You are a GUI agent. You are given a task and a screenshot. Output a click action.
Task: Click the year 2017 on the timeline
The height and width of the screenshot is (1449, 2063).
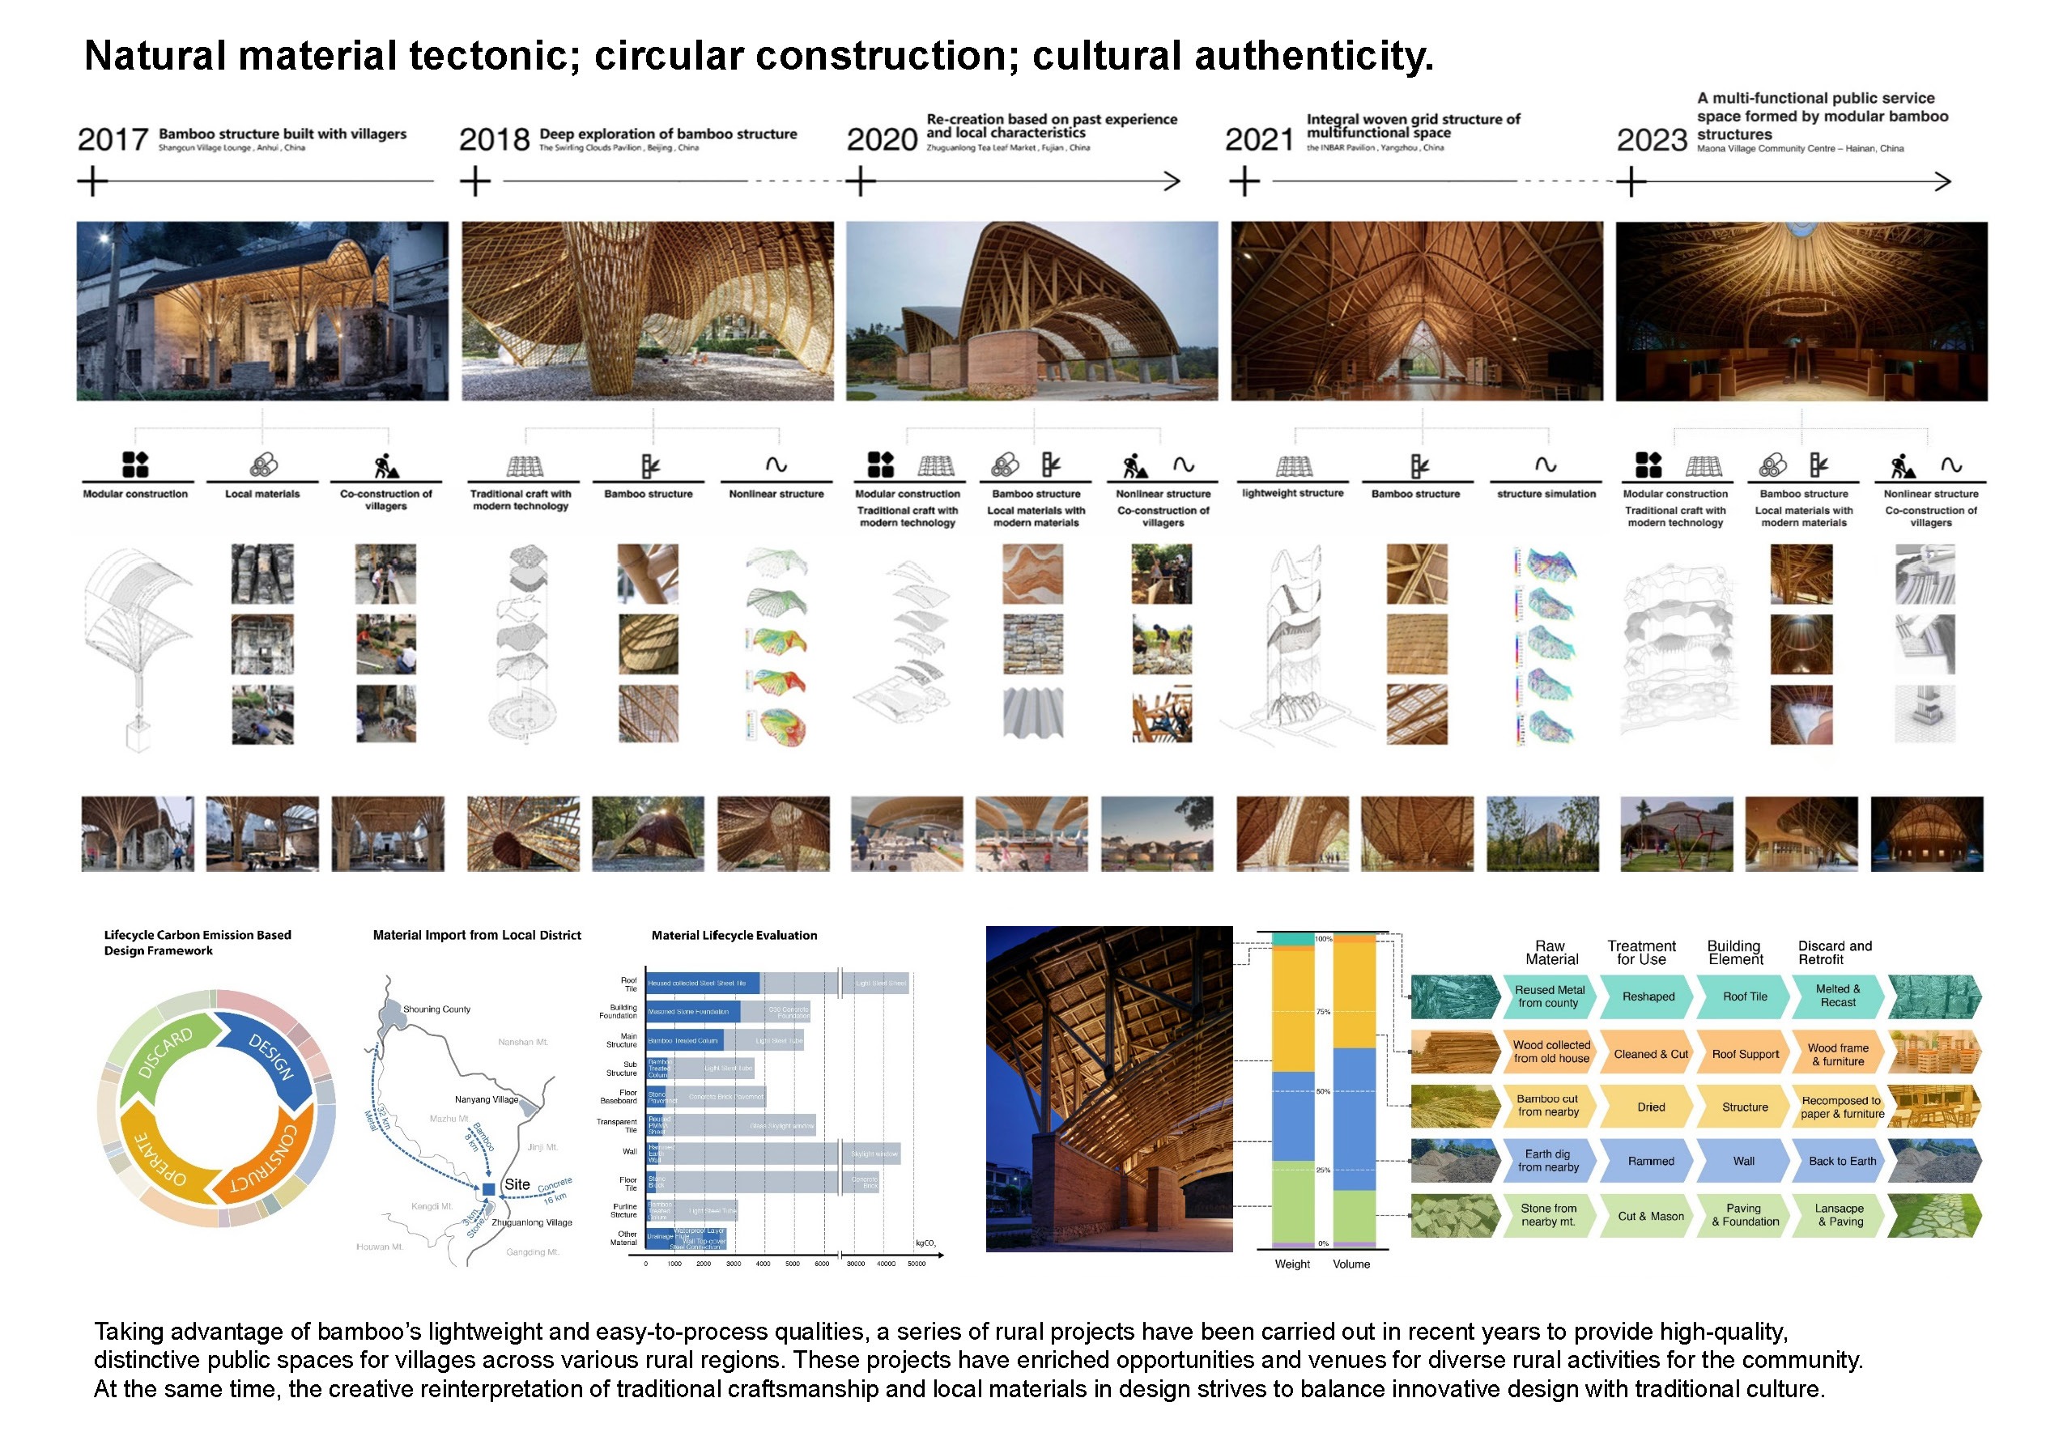113,139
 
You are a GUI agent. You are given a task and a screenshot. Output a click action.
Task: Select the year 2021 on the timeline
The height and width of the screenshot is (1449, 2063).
1259,139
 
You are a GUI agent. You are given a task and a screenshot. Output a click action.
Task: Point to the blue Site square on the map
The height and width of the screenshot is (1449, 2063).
489,1188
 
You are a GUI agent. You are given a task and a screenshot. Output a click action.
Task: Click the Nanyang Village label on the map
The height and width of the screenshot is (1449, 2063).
486,1098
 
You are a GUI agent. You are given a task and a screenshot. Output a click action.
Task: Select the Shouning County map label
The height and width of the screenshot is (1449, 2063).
436,1009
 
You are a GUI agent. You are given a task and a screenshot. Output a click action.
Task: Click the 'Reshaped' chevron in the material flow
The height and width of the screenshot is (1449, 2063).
1648,996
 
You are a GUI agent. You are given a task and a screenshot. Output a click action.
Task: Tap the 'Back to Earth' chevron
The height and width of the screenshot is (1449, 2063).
1842,1161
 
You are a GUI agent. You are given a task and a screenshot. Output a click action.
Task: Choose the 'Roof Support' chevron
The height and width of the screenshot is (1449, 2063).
1745,1054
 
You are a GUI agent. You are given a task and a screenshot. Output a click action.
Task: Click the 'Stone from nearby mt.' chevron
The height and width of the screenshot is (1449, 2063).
1548,1214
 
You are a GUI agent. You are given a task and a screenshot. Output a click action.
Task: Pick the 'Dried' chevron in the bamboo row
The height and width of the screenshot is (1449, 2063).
1651,1107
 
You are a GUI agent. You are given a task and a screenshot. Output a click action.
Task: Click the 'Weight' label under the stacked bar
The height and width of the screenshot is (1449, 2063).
1292,1264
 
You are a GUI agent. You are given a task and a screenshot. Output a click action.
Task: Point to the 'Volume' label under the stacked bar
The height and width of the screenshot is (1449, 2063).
1351,1264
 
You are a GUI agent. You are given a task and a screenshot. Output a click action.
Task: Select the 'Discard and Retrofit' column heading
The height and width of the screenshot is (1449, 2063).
1834,952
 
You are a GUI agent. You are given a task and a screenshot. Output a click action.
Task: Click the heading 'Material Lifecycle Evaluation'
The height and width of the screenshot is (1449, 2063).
734,935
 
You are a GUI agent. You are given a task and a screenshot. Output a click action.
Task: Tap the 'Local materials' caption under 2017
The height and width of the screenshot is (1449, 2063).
262,494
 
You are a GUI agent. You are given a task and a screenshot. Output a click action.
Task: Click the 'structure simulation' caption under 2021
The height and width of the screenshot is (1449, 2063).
1546,494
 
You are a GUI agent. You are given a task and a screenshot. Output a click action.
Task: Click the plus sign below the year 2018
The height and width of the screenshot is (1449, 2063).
475,181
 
